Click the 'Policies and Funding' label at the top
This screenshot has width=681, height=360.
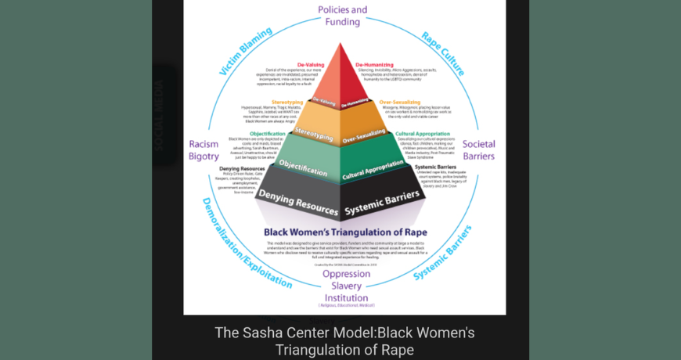[x=343, y=16]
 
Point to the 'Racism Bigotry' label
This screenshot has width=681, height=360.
[x=204, y=150]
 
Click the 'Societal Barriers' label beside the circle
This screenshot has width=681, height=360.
[x=478, y=150]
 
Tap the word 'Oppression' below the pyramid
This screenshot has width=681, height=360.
[x=346, y=274]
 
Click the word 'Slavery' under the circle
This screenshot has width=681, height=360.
[x=346, y=286]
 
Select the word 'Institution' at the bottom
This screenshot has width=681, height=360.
[x=346, y=297]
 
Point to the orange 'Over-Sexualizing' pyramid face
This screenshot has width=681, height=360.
[x=365, y=135]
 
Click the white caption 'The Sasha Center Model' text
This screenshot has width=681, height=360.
[x=345, y=333]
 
